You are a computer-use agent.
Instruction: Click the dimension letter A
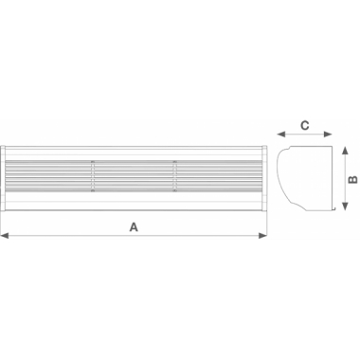point(134,226)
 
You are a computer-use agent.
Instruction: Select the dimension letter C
point(304,123)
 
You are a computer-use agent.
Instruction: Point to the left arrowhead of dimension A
point(5,236)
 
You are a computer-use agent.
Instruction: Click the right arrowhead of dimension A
point(265,236)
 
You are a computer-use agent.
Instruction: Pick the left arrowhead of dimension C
point(279,134)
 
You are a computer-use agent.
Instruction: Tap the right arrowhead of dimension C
point(331,134)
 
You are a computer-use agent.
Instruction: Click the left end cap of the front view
point(5,179)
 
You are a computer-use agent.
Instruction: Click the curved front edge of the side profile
point(282,180)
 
